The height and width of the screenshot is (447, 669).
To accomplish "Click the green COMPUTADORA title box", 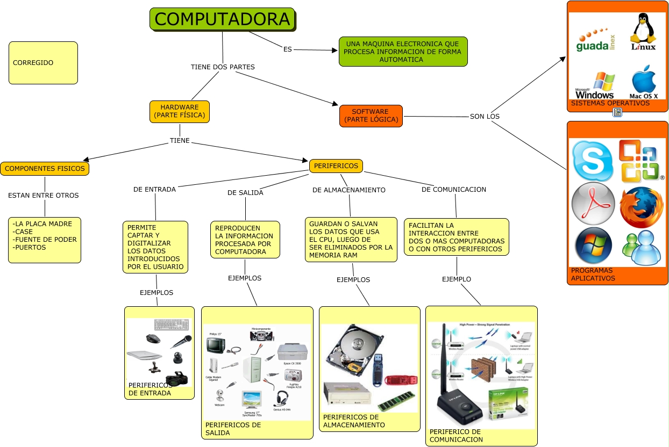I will click(x=222, y=19).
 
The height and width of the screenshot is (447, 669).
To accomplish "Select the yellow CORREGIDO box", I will click(x=43, y=63).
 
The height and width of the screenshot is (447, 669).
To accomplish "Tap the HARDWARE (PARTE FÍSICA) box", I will click(x=180, y=111).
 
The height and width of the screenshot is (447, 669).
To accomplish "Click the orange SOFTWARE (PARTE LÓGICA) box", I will click(x=371, y=116).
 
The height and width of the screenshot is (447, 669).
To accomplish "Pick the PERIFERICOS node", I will click(x=336, y=166).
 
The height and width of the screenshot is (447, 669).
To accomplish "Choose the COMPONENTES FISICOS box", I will click(x=45, y=169).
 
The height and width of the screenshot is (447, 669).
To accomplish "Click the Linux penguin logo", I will click(x=643, y=32).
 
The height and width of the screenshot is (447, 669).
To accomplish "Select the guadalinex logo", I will click(x=595, y=41).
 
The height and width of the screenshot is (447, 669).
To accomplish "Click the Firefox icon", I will click(x=641, y=207).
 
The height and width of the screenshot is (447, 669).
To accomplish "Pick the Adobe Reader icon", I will click(x=593, y=204).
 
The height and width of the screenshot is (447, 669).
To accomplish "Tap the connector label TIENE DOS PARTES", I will click(x=223, y=67).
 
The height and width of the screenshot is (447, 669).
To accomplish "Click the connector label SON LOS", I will click(x=485, y=117).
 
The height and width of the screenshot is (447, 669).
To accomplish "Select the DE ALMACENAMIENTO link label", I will click(x=348, y=190).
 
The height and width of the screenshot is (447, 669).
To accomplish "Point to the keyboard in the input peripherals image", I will click(x=171, y=325).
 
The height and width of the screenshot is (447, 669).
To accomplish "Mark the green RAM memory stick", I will click(x=396, y=401).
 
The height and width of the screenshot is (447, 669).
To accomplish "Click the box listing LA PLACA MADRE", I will click(x=45, y=240).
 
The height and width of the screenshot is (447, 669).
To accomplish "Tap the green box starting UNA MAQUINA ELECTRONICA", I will click(x=403, y=52).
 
